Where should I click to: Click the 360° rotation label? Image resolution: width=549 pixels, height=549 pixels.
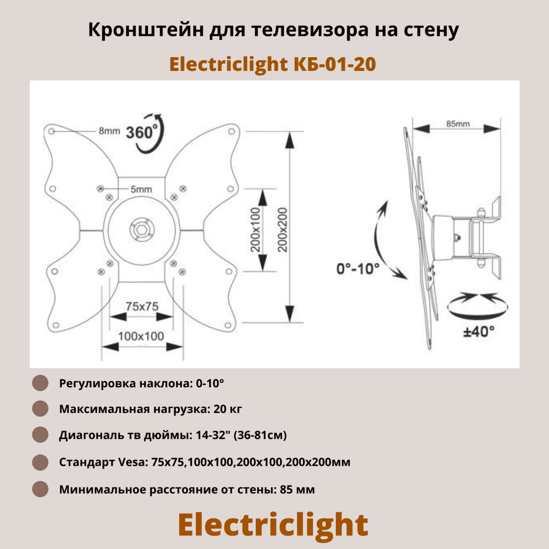(x=141, y=133)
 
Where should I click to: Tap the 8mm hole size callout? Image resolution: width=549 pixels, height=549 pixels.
(x=109, y=131)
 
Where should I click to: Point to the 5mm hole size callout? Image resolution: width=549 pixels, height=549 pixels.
(x=141, y=189)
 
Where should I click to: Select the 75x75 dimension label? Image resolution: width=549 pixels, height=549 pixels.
(x=142, y=306)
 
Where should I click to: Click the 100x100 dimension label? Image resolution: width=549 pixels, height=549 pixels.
(x=141, y=336)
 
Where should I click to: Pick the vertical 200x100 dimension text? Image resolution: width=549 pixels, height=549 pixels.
(x=255, y=230)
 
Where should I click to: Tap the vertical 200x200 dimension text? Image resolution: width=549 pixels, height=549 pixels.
(x=282, y=230)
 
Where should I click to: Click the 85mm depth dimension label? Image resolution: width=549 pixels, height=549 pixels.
(x=458, y=124)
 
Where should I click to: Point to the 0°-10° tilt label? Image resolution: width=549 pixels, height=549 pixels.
(x=358, y=269)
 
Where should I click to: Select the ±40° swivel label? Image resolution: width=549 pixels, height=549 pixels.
(x=478, y=332)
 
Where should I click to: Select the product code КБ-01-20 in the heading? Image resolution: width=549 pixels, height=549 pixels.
(x=335, y=64)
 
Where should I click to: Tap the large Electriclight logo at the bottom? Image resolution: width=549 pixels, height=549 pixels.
(x=273, y=525)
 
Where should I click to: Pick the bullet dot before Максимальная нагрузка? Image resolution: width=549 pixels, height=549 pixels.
(x=40, y=409)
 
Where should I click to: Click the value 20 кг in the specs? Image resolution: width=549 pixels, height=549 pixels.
(x=228, y=409)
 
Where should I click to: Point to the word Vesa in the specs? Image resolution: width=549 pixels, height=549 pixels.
(x=132, y=462)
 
